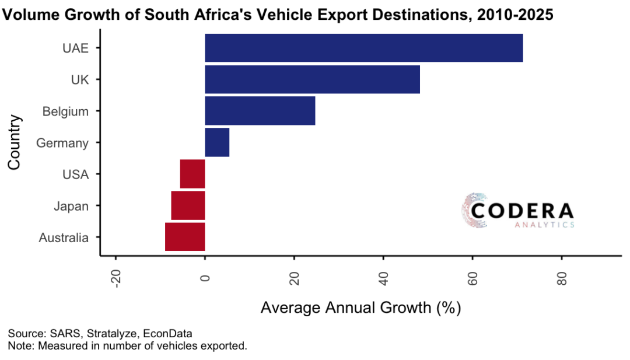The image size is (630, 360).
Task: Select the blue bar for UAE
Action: (363, 48)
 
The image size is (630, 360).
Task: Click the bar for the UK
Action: (312, 79)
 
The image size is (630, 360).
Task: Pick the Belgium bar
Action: (260, 111)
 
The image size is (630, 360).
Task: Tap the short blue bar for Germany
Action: (217, 142)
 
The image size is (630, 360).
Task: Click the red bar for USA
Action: (192, 174)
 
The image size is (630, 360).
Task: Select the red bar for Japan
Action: (188, 205)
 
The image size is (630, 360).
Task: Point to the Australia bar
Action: (185, 237)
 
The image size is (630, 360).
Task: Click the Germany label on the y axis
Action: (62, 143)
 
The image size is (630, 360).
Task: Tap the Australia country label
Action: (64, 237)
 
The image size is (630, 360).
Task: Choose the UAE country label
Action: (75, 48)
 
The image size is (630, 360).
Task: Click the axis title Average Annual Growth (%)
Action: (360, 307)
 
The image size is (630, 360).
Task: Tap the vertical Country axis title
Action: (15, 143)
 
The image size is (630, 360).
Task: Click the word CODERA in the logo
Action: (522, 211)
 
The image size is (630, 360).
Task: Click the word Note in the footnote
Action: (19, 346)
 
